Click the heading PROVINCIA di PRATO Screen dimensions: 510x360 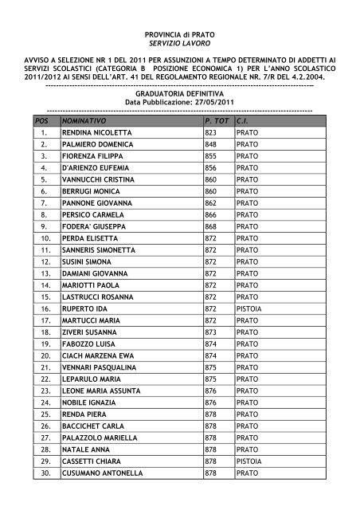point(179,37)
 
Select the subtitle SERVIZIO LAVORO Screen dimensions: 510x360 point(179,49)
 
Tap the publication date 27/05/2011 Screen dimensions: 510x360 point(205,103)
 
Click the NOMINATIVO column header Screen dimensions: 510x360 point(84,119)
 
